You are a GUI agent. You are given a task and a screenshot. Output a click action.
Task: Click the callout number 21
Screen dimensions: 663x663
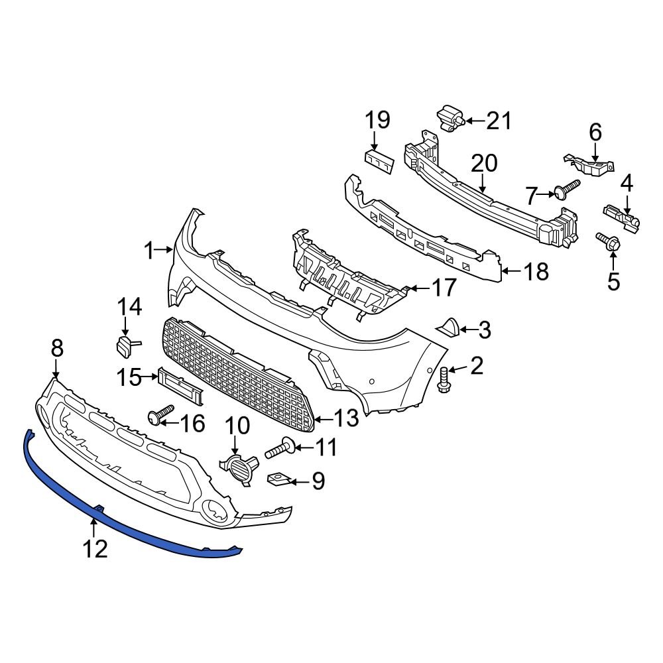point(499,121)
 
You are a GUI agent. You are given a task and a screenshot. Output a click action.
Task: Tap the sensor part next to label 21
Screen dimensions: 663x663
point(450,119)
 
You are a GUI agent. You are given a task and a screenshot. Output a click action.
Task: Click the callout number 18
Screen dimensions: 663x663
point(535,271)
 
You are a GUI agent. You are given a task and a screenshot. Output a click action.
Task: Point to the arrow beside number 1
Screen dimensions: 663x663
point(164,250)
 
